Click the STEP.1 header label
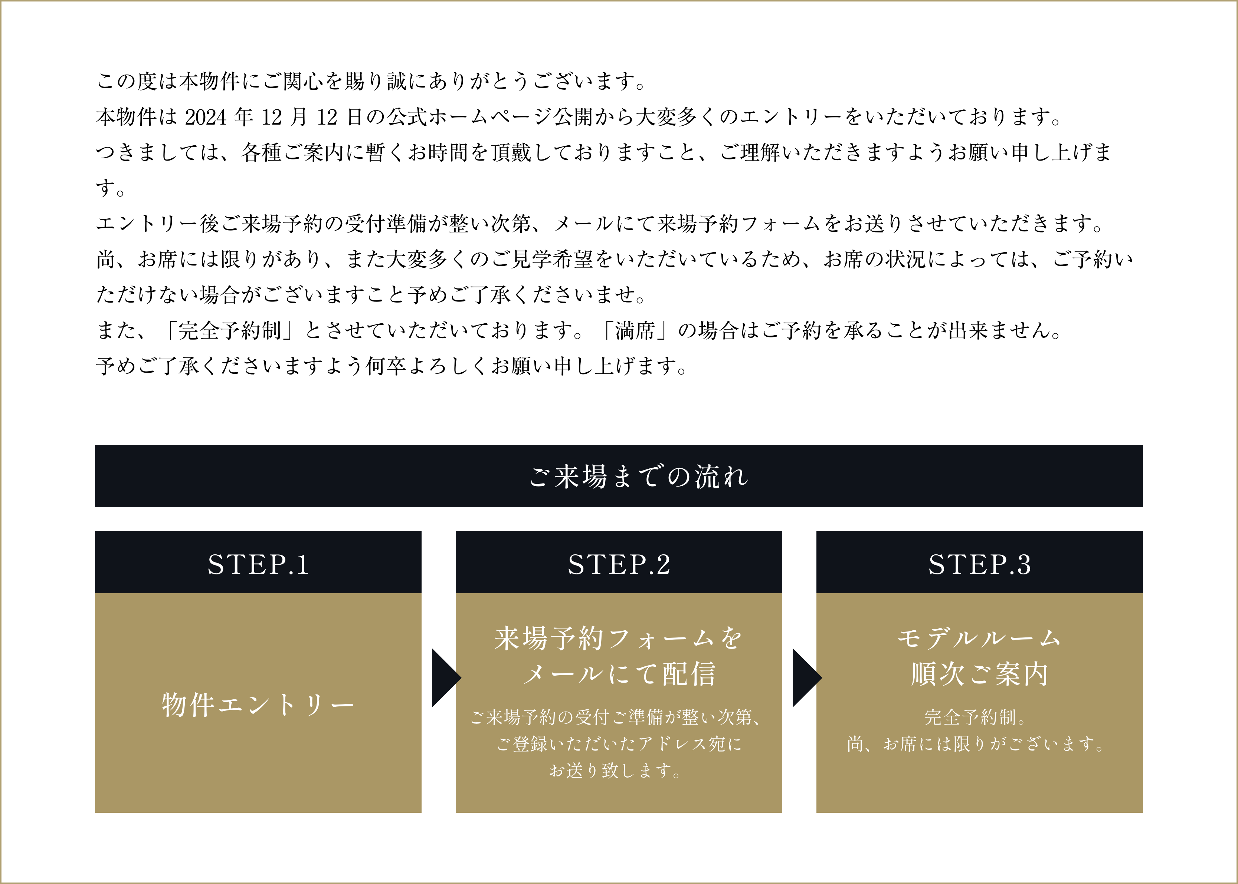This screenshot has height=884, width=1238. (258, 564)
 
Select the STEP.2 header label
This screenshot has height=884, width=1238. (619, 564)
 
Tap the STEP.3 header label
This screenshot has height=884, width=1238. (979, 564)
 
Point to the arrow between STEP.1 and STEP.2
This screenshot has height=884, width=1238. (446, 678)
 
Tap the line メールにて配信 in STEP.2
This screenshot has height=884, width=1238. (619, 674)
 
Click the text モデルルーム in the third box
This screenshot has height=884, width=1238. (979, 638)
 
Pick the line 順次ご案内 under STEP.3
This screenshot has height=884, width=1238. (979, 674)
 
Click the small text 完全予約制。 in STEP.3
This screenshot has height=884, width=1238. (975, 718)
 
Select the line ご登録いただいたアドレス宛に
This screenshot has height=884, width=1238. (619, 743)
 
